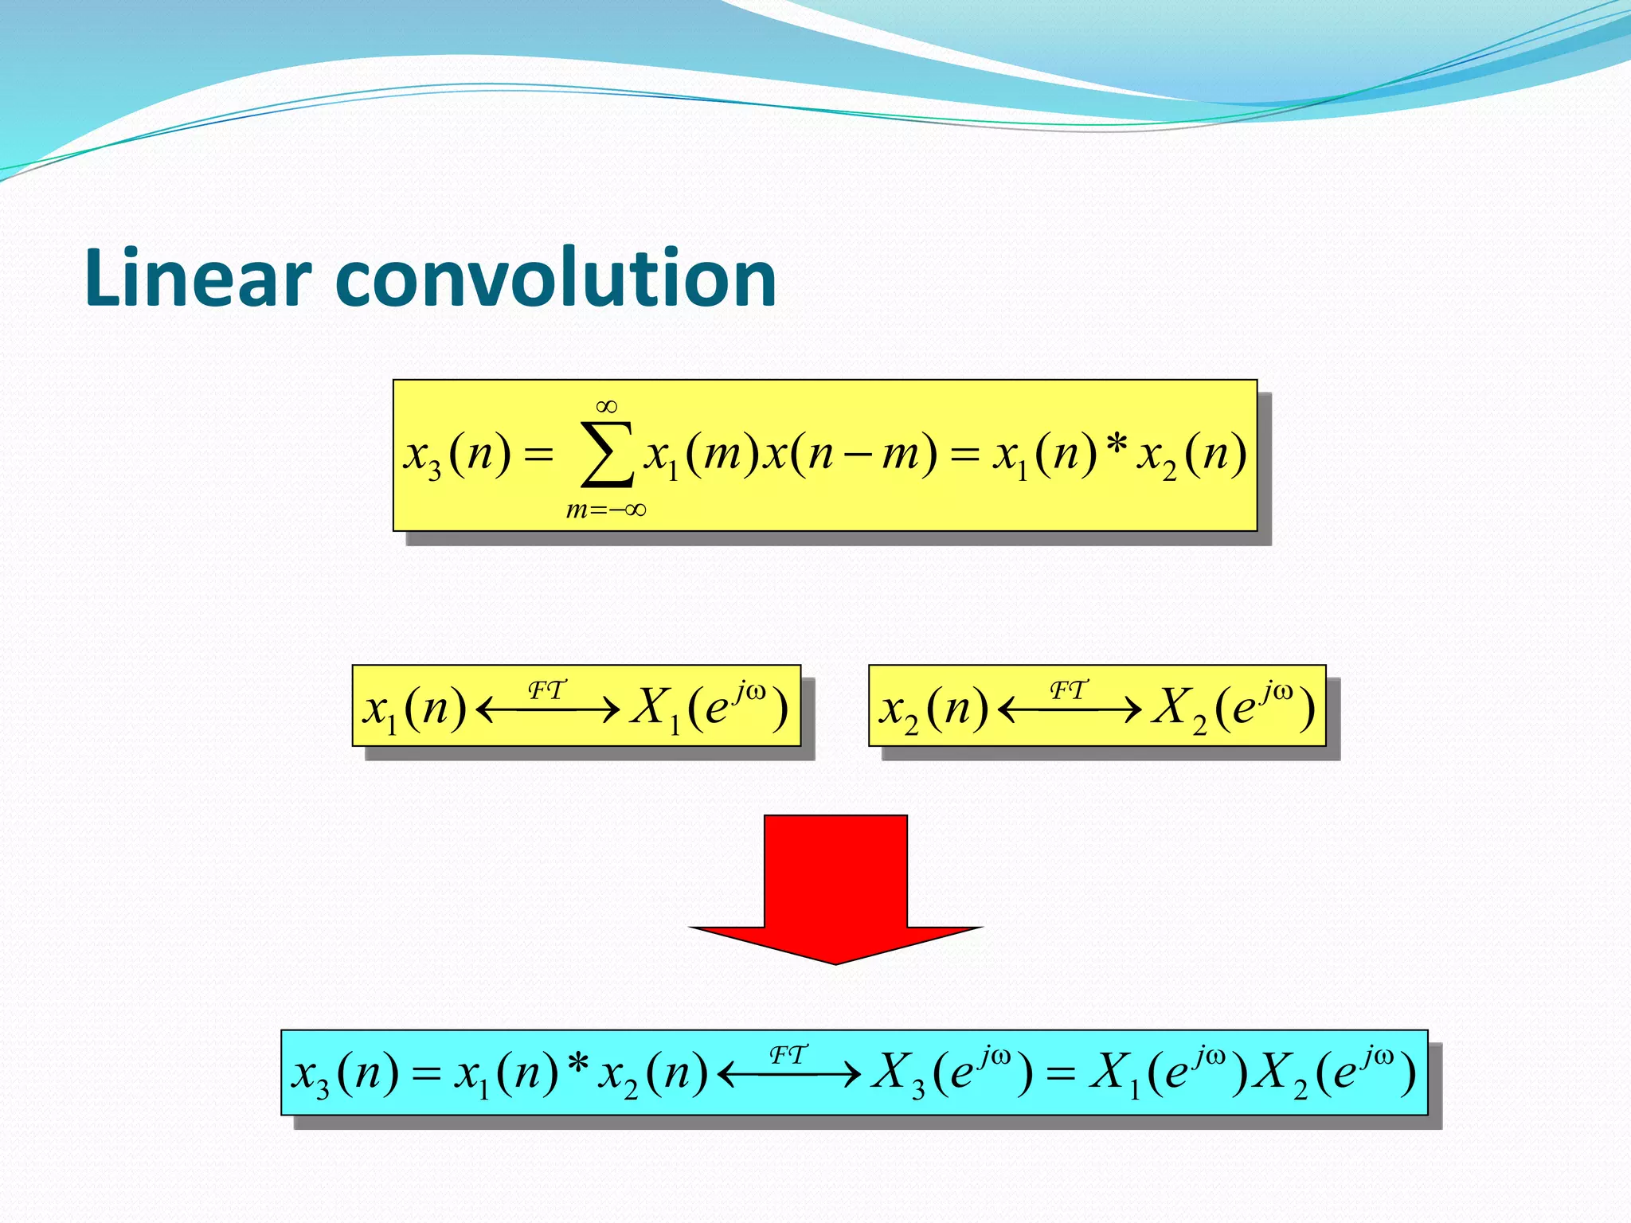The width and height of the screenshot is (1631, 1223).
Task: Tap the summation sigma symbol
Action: [608, 455]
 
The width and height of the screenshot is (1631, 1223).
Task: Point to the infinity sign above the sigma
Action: [607, 407]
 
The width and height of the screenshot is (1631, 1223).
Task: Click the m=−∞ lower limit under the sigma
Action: [605, 510]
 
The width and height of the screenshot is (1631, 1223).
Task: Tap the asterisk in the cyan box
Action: [579, 1064]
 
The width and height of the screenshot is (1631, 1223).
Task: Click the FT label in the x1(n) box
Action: [547, 690]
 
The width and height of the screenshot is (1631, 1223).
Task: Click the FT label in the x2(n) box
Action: [1069, 690]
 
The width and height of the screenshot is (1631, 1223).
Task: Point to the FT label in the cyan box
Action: [788, 1055]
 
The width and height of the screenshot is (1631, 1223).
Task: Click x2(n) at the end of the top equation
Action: [1191, 455]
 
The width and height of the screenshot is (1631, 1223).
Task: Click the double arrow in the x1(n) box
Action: [548, 709]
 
